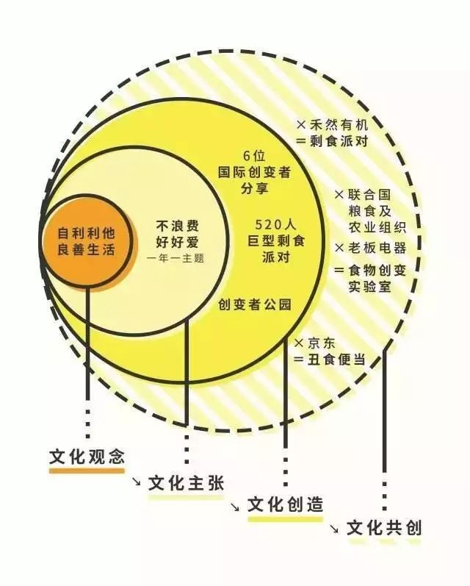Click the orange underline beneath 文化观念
(87, 471)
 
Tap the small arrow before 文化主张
(137, 483)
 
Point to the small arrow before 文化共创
(334, 528)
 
